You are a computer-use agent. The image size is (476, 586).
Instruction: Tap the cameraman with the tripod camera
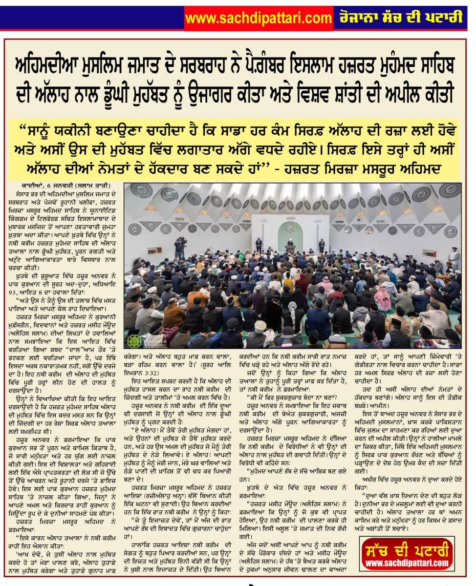(179, 248)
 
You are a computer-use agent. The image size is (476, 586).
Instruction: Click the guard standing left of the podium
(259, 244)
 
